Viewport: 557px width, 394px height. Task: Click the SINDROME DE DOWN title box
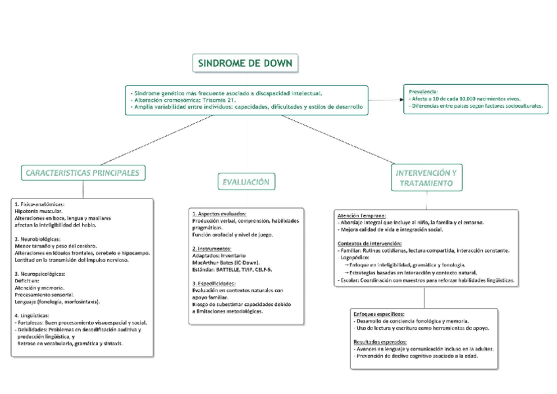pos(246,64)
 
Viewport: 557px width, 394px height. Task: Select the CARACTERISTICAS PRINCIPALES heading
pos(83,173)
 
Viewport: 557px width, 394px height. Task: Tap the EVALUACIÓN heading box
pos(246,182)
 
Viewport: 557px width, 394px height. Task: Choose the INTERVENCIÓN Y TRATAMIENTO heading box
pos(426,178)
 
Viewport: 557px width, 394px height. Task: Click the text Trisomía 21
pos(220,100)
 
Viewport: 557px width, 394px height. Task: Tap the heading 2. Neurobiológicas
pos(38,239)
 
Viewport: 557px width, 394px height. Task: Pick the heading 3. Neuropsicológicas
pos(40,273)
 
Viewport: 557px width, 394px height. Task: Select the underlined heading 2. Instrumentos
pos(212,249)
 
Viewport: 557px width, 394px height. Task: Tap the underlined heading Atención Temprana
pos(361,215)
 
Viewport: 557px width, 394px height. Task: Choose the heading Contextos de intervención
pos(369,244)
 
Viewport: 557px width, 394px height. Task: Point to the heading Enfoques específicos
pos(378,314)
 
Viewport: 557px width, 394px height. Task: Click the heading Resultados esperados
pos(380,342)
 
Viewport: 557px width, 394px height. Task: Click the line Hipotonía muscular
pos(39,211)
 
